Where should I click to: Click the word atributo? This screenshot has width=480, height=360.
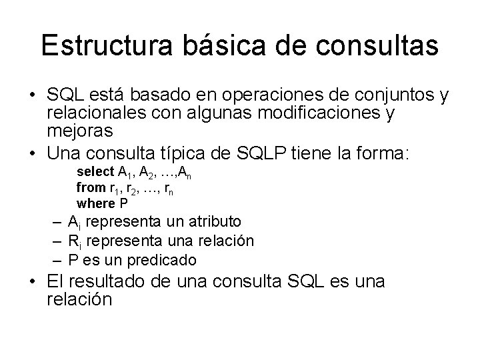pyautogui.click(x=213, y=221)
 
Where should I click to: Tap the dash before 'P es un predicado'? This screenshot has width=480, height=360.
pyautogui.click(x=58, y=259)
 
